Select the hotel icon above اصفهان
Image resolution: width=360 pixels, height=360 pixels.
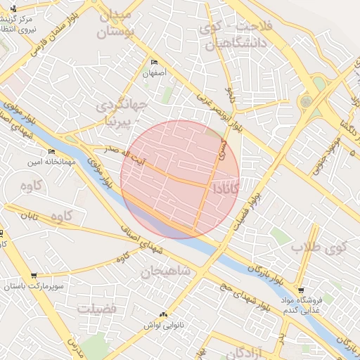154,62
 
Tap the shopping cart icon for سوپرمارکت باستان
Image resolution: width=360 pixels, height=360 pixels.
33,276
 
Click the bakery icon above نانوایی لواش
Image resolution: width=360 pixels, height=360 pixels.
164,314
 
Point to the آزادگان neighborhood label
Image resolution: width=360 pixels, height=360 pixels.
240,352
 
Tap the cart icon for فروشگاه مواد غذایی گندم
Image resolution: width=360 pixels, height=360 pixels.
301,290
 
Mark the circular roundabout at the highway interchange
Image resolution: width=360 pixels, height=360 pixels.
306,101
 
